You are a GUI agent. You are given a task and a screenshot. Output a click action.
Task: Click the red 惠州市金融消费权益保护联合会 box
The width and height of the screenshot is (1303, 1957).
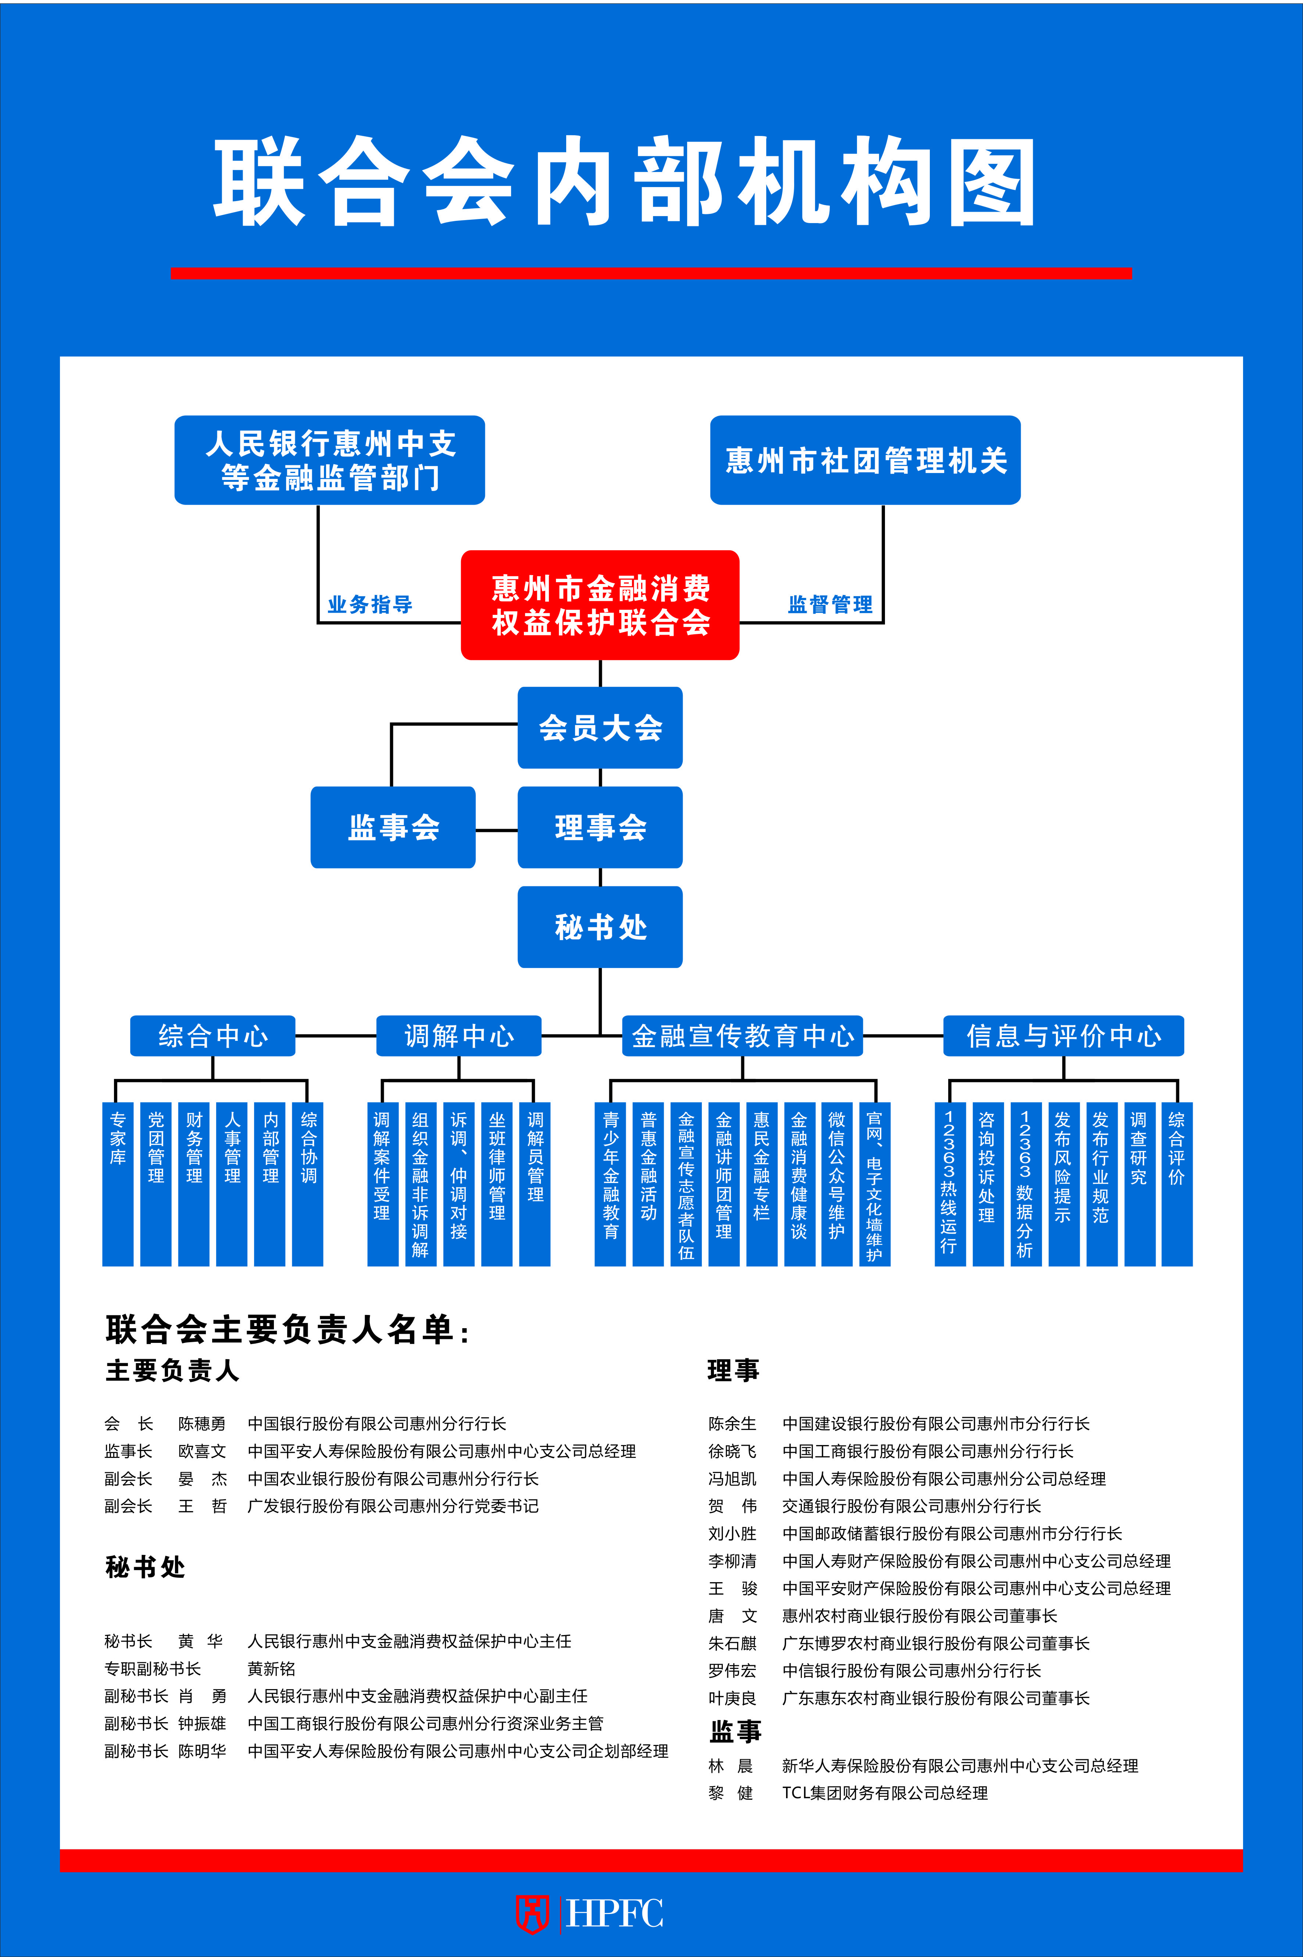(600, 605)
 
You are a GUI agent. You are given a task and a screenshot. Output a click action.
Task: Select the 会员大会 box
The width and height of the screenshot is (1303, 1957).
(600, 728)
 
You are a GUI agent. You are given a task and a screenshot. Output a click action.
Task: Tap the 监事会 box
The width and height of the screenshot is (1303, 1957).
(393, 827)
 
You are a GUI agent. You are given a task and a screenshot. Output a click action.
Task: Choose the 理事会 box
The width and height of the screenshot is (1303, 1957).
(600, 827)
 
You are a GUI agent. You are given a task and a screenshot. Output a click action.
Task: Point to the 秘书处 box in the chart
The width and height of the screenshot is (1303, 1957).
(600, 927)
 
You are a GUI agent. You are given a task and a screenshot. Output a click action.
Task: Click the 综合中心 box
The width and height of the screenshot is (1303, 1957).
(213, 1036)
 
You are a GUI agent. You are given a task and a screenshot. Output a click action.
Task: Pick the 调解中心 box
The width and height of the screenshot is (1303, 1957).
(459, 1036)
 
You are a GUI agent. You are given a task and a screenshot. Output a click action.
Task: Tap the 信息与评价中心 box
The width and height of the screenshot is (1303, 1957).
(1064, 1036)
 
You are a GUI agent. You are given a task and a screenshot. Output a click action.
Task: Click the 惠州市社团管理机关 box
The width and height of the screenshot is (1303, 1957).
(865, 460)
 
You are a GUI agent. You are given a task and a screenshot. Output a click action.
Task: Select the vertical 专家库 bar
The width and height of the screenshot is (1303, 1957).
(118, 1184)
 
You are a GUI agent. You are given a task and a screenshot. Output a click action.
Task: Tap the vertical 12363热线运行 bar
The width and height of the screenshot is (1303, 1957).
(950, 1184)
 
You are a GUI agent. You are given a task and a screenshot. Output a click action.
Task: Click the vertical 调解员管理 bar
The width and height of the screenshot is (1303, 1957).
(535, 1184)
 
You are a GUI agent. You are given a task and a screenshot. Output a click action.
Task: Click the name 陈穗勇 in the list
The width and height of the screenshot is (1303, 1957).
(202, 1424)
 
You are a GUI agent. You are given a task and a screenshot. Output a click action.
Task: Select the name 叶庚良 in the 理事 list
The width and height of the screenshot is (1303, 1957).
(732, 1698)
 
